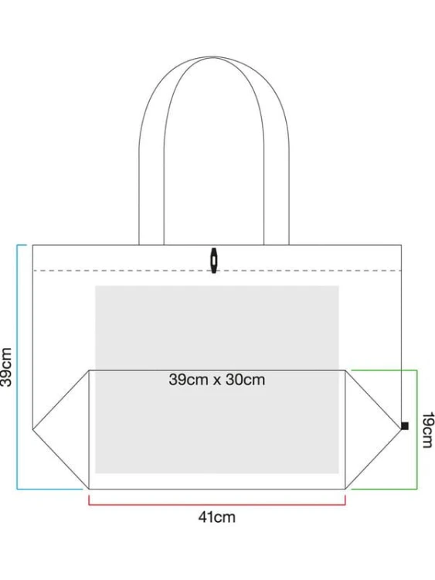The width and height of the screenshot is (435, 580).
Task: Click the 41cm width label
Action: (216, 517)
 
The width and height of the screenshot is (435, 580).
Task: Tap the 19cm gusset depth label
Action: (427, 430)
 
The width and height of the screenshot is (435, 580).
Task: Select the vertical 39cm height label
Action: (6, 367)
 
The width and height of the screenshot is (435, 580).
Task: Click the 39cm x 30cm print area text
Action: (217, 380)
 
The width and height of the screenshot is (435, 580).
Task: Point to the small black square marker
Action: (405, 426)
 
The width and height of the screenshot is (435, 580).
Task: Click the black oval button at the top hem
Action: (213, 261)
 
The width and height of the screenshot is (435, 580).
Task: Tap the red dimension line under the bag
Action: (217, 504)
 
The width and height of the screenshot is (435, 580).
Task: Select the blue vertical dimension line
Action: (17, 367)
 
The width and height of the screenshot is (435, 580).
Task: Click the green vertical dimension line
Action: (417, 429)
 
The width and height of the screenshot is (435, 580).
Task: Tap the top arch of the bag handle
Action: (213, 57)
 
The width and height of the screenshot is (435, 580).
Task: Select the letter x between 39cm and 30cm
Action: (216, 380)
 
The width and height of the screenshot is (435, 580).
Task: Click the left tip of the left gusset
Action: (33, 429)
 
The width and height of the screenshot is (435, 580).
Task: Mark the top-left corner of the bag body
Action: (32, 245)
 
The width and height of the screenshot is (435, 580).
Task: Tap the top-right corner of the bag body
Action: (401, 245)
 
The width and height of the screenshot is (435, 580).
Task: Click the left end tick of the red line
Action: (89, 500)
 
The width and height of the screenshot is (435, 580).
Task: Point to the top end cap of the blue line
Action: (22, 245)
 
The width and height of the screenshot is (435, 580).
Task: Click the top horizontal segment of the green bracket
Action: (384, 370)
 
